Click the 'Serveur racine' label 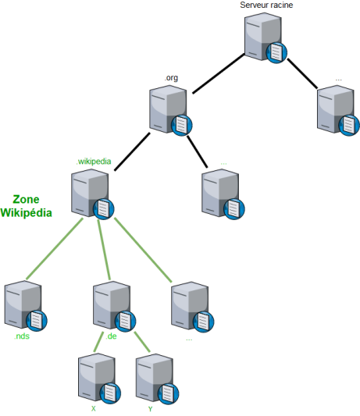click(266, 5)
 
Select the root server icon click(266, 37)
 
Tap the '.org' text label click(171, 78)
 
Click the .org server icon click(170, 111)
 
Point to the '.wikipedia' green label click(94, 162)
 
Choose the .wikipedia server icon click(92, 194)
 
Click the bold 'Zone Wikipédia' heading click(26, 206)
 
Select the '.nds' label click(22, 336)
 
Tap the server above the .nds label click(26, 306)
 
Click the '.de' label click(111, 336)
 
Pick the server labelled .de click(115, 307)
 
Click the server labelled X click(99, 379)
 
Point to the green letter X click(94, 409)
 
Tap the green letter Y click(151, 409)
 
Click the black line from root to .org click(218, 73)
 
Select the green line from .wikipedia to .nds click(55, 249)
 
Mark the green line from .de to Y click(142, 342)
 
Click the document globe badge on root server click(276, 53)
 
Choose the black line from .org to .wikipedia click(132, 151)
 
